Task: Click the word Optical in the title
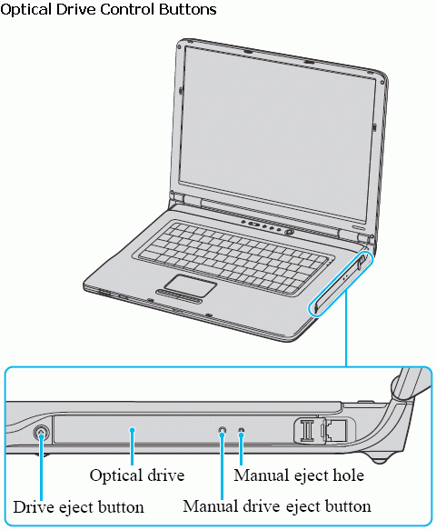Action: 27,9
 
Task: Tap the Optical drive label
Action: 137,475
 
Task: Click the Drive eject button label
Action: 78,507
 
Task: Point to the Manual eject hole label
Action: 299,475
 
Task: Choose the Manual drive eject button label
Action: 277,506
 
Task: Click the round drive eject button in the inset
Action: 41,433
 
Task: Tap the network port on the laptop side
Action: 336,430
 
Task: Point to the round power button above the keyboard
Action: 289,232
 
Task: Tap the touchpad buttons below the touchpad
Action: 179,294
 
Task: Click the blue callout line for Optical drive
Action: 133,446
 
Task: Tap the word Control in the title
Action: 129,9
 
